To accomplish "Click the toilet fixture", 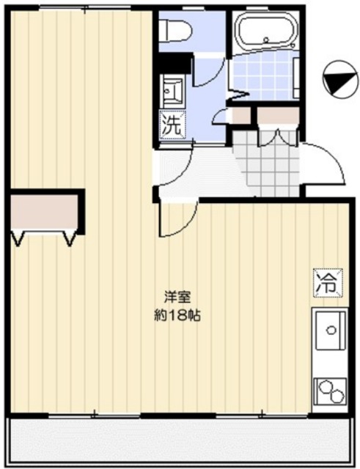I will [175, 30].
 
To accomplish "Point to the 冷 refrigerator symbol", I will [326, 281].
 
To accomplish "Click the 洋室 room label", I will [177, 298].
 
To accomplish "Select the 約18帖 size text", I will [177, 316].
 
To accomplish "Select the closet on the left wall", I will [44, 213].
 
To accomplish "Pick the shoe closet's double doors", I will [279, 136].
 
